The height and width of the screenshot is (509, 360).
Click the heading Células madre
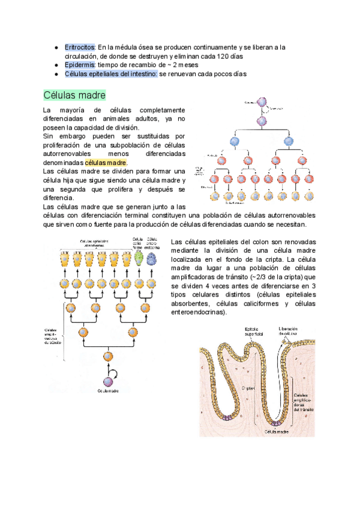(x=74, y=95)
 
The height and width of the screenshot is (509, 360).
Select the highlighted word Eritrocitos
(x=80, y=47)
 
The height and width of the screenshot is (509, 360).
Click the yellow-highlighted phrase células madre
(x=106, y=162)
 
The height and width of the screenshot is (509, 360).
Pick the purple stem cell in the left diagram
(x=108, y=381)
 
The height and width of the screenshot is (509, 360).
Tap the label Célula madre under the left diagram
(x=108, y=390)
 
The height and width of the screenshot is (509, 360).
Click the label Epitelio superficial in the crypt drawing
(x=254, y=331)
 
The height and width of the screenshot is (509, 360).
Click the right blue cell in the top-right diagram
(x=289, y=142)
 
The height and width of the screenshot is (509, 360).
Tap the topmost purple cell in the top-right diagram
(x=261, y=103)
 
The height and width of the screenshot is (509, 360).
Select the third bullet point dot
(x=55, y=74)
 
